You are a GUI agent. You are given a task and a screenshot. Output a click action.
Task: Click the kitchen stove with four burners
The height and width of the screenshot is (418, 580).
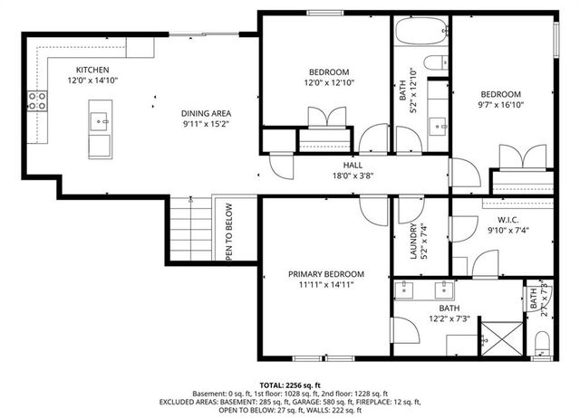point(38,101)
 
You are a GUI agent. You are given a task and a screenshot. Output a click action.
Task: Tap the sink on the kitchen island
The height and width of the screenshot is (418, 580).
point(103,118)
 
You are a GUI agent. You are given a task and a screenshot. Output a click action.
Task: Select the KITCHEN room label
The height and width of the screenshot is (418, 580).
point(92,70)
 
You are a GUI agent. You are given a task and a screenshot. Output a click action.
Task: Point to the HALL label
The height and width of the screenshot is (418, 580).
point(353,166)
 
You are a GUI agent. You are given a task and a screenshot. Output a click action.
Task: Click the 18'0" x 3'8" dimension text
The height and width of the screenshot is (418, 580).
point(353,178)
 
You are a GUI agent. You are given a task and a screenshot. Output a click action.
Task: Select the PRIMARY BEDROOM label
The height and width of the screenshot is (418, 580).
point(326,274)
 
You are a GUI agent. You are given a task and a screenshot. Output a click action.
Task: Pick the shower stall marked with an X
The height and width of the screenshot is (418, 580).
point(498,339)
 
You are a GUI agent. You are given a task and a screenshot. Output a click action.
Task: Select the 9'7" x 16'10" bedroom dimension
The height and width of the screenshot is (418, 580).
point(500,105)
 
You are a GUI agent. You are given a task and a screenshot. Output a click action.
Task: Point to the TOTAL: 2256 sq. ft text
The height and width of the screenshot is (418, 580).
point(290,385)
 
